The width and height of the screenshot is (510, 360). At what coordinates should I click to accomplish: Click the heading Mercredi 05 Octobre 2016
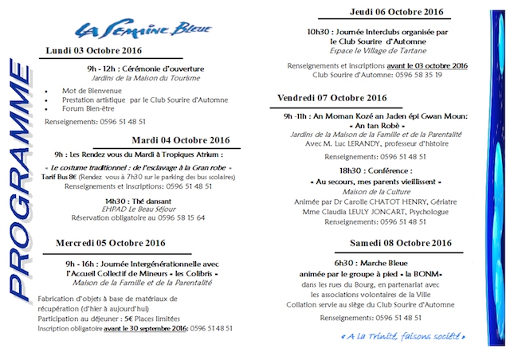[107, 241]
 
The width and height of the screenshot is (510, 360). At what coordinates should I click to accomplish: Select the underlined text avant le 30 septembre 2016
[142, 327]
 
